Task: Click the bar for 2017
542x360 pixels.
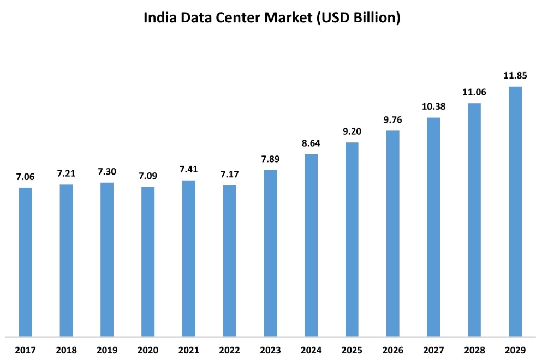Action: click(26, 262)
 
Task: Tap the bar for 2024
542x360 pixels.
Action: click(311, 245)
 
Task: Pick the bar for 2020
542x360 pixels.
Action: click(148, 261)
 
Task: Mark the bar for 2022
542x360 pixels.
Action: click(230, 261)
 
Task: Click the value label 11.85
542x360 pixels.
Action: click(515, 76)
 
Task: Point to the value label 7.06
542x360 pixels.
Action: click(26, 176)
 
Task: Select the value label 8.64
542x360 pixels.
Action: click(311, 143)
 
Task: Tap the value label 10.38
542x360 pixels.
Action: click(433, 106)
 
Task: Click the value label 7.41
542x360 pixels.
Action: click(189, 169)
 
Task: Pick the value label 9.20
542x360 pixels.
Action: click(352, 131)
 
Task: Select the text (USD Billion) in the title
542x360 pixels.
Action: click(358, 18)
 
